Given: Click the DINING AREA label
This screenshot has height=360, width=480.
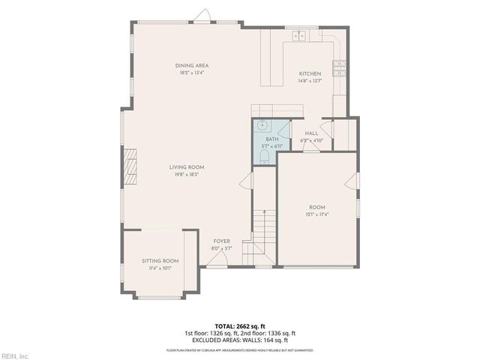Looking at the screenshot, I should [192, 66].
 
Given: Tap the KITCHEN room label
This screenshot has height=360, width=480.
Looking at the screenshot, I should [310, 73].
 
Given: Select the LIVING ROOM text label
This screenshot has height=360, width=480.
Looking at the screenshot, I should [187, 167].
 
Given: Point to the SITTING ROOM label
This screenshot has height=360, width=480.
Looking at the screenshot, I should [161, 260].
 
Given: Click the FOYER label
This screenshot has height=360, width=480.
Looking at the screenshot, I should [221, 241].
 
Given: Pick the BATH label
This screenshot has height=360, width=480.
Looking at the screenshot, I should [271, 139].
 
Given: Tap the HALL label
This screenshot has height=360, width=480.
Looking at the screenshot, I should [311, 133].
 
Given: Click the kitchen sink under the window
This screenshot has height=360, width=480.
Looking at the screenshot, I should [299, 34].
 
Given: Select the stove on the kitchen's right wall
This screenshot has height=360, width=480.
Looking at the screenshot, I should [339, 67].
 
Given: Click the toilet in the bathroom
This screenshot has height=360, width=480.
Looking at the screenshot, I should [265, 156].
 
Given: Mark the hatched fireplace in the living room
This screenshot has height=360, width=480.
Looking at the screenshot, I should [131, 166].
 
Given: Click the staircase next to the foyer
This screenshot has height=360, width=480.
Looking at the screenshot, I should [262, 232].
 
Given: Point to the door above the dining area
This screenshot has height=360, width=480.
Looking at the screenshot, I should [202, 16].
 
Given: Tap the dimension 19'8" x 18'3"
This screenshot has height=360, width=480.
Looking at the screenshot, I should [187, 174].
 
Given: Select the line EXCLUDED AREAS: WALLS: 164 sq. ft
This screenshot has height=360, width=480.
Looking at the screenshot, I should [240, 339].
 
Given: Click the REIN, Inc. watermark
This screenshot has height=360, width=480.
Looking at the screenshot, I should [15, 355].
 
